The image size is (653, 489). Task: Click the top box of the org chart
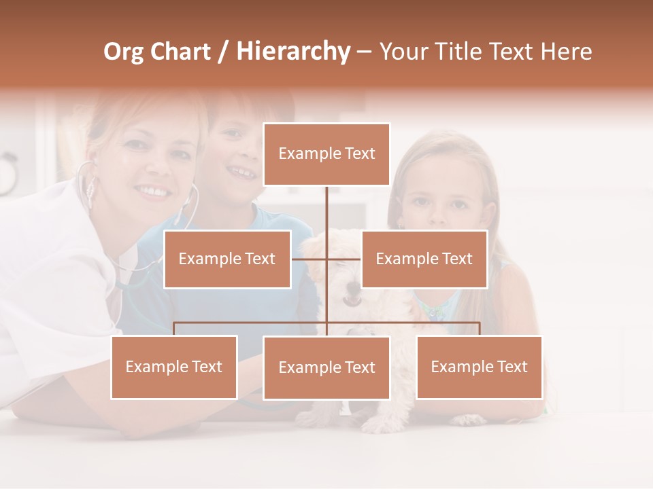pos(326,154)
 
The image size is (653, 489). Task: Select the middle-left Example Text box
pos(227,259)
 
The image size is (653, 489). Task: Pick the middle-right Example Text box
pos(424,259)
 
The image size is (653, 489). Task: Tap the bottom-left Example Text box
pos(174,367)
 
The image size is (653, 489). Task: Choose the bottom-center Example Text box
pos(326,367)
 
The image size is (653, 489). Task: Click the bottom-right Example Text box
pos(479,367)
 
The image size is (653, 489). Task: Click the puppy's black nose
pos(351,300)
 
